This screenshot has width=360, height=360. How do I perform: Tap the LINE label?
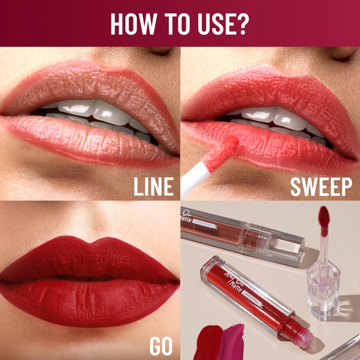coord(153,187)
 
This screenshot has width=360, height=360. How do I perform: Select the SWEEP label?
coord(321,187)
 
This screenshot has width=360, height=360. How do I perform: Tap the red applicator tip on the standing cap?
coord(323,220)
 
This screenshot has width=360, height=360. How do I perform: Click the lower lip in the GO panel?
coord(90,300)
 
